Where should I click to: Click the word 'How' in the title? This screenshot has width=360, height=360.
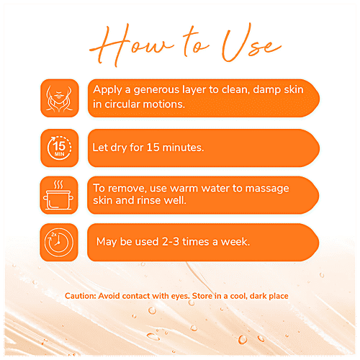tap(131, 45)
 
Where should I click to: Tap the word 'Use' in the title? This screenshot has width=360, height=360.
tap(251, 43)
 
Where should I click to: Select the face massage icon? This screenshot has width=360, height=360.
tap(60, 98)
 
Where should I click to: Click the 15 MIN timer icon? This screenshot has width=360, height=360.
tap(60, 148)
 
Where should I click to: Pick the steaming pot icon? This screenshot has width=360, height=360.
tap(59, 195)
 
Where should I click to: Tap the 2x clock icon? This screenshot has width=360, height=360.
tap(59, 242)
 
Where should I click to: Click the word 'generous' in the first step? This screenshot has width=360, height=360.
tap(156, 90)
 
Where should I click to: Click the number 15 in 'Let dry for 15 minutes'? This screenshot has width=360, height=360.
tap(153, 148)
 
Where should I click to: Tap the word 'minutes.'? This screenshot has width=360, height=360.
tap(183, 148)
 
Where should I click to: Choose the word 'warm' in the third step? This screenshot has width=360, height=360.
tap(184, 189)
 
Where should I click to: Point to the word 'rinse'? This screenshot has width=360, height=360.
tap(145, 200)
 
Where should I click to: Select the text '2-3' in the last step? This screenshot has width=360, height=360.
tap(171, 242)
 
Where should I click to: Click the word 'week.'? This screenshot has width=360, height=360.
tap(235, 242)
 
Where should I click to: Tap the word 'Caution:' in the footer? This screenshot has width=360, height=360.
tap(81, 296)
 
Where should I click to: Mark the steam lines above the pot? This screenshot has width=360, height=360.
tap(58, 185)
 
